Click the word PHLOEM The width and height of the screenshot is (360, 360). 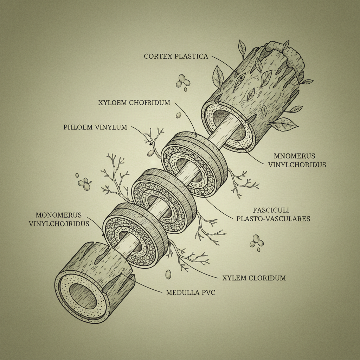(78, 127)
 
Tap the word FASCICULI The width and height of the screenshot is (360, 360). (271, 210)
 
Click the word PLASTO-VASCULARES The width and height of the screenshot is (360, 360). (273, 219)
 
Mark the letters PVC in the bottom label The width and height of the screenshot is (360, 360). (207, 292)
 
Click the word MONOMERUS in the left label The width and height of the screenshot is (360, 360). (59, 215)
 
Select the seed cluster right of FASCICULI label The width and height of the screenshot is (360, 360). (256, 242)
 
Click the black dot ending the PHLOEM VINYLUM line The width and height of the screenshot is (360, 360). (150, 144)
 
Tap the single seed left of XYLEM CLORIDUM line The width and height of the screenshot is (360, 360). (168, 274)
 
